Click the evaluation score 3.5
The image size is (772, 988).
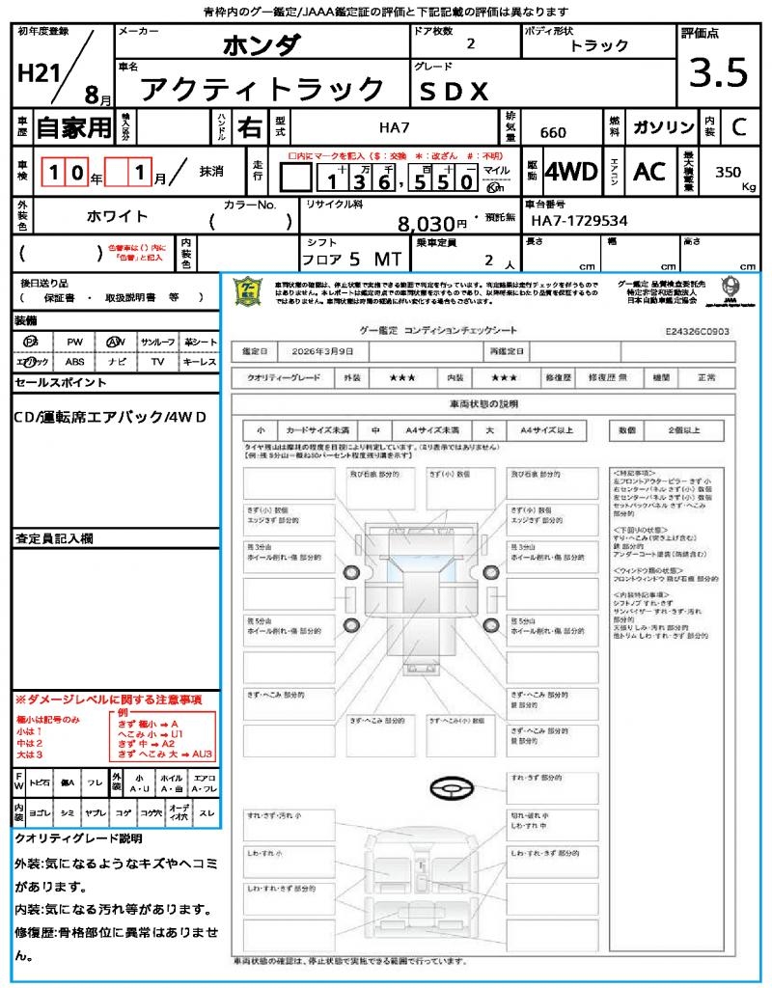pyautogui.click(x=719, y=72)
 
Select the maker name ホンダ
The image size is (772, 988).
pyautogui.click(x=262, y=44)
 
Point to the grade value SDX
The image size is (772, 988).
pyautogui.click(x=454, y=91)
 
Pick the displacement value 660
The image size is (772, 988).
pyautogui.click(x=553, y=132)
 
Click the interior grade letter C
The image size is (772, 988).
pyautogui.click(x=738, y=127)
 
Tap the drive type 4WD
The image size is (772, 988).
pyautogui.click(x=570, y=172)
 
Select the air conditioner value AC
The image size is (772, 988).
pyautogui.click(x=649, y=172)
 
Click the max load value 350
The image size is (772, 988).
pyautogui.click(x=729, y=172)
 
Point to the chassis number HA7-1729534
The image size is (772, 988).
pyautogui.click(x=579, y=222)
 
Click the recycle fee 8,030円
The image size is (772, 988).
pyautogui.click(x=432, y=224)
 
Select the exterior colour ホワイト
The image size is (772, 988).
pyautogui.click(x=119, y=216)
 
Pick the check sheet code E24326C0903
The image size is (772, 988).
pyautogui.click(x=698, y=330)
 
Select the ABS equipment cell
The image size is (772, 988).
pyautogui.click(x=74, y=362)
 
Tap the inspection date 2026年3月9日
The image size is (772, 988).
pyautogui.click(x=326, y=350)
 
